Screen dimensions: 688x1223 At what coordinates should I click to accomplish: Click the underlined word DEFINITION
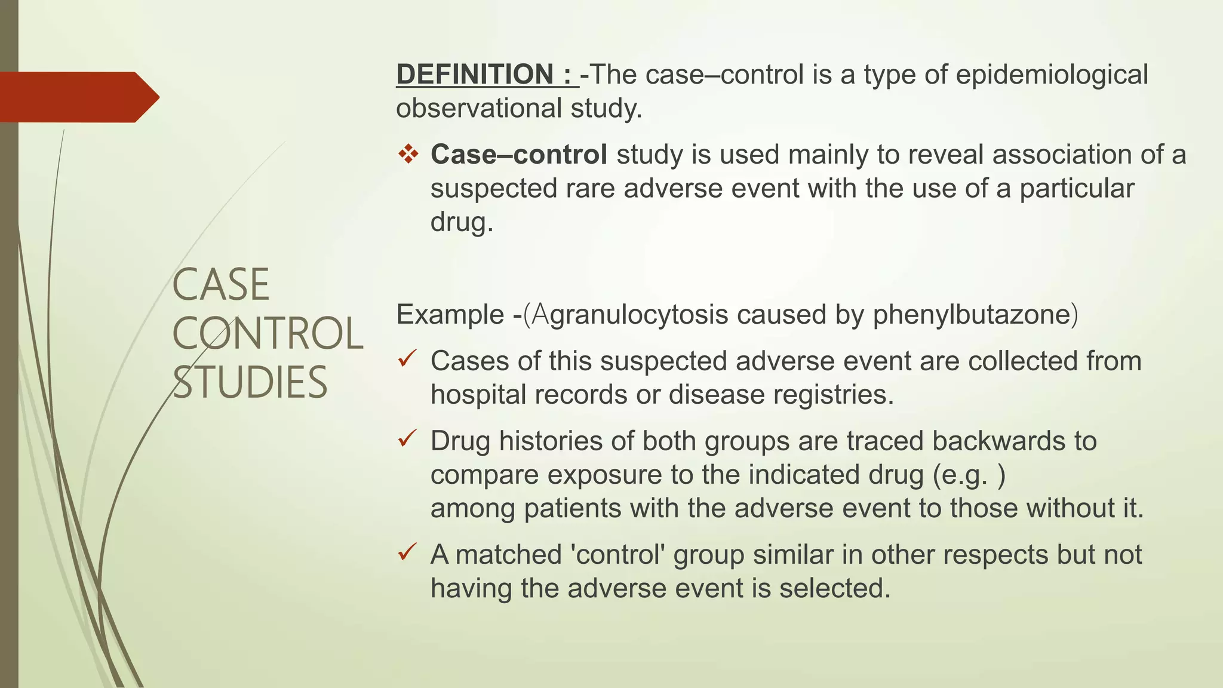[x=475, y=75]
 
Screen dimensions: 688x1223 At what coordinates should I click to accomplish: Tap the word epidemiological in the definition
[x=1052, y=75]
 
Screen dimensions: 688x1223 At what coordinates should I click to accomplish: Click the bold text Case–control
[x=519, y=154]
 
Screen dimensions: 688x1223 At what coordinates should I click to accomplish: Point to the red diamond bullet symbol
[x=409, y=154]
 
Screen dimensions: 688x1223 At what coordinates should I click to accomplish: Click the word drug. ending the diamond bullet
[x=462, y=222]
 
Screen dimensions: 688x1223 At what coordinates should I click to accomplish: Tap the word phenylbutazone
[x=971, y=314]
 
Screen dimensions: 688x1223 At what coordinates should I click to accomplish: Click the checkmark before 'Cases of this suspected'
[x=407, y=359]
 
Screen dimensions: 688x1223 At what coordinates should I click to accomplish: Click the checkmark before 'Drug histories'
[x=407, y=440]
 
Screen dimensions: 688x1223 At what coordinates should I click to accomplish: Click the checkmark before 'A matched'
[x=407, y=552]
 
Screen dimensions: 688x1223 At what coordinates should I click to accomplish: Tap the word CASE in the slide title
[x=221, y=285]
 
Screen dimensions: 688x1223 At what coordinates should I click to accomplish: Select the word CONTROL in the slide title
[x=268, y=333]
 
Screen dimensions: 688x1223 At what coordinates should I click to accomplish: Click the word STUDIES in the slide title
[x=250, y=382]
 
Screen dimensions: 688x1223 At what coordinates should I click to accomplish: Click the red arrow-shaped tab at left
[x=78, y=97]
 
